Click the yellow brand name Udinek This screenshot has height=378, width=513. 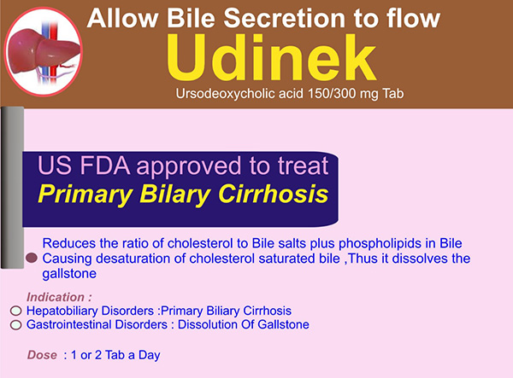pyautogui.click(x=271, y=58)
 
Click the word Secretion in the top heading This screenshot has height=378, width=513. pyautogui.click(x=285, y=18)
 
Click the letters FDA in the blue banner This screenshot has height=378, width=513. pyautogui.click(x=105, y=166)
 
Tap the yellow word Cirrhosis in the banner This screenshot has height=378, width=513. pyautogui.click(x=273, y=194)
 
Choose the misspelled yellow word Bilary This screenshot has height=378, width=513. pyautogui.click(x=174, y=195)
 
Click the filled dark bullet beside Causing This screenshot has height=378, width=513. pyautogui.click(x=32, y=258)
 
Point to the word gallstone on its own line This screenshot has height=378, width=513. pyautogui.click(x=69, y=274)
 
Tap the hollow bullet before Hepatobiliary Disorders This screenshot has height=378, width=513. pyautogui.click(x=15, y=311)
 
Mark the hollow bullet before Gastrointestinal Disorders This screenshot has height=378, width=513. pyautogui.click(x=15, y=325)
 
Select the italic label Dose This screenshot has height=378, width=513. pyautogui.click(x=42, y=355)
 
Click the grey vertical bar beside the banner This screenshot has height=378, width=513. pyautogui.click(x=13, y=188)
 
